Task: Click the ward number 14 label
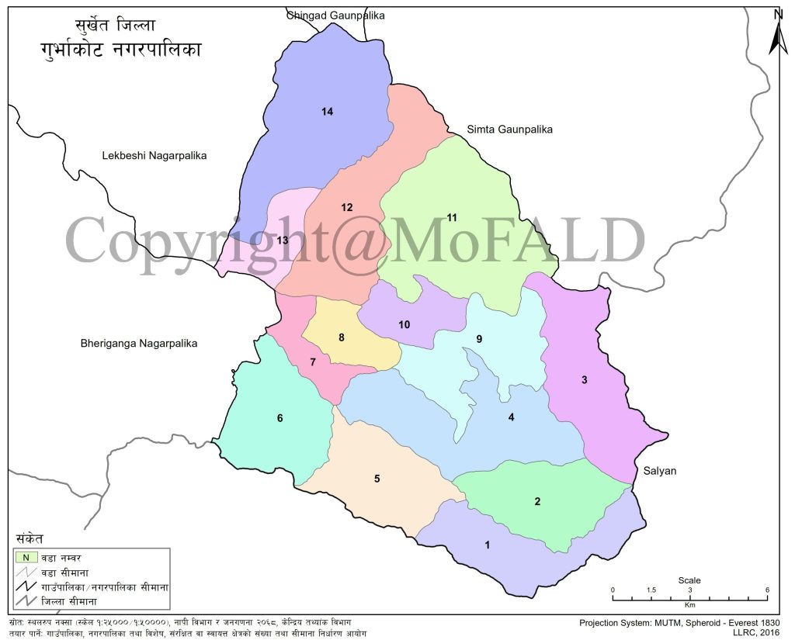(327, 112)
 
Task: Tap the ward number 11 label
(453, 216)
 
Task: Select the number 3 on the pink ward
(584, 379)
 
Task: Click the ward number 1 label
(487, 545)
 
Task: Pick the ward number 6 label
(279, 419)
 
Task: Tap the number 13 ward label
(283, 240)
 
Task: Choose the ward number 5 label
(377, 479)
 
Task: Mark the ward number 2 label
(537, 501)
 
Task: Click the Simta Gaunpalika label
(509, 130)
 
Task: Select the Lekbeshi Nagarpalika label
(154, 156)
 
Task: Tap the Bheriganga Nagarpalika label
(139, 343)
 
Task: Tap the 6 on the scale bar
(767, 590)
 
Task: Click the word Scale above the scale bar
(689, 580)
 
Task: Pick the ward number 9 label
(479, 339)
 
